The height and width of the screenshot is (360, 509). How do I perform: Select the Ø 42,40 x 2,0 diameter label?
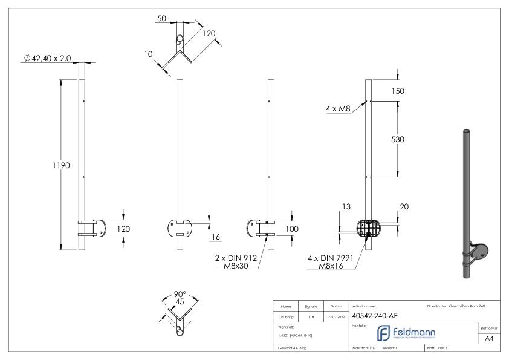pos(45,57)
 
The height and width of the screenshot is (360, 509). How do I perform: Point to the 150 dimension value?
pos(397,91)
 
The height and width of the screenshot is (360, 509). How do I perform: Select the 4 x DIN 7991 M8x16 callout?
pos(331,262)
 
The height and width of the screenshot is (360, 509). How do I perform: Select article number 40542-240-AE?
pos(374,315)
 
